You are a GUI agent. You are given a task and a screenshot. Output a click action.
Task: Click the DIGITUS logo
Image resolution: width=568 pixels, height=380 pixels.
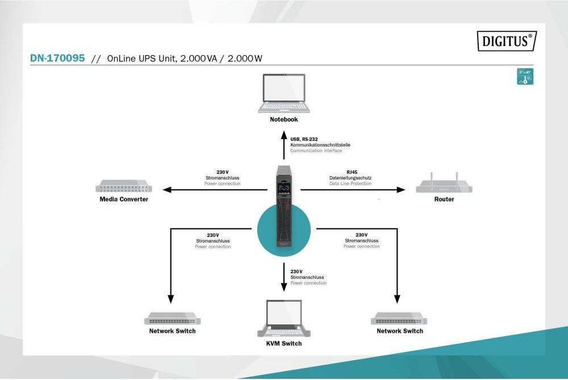click(x=507, y=41)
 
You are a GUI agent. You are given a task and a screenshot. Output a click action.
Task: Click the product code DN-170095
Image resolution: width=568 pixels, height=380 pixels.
click(x=57, y=58)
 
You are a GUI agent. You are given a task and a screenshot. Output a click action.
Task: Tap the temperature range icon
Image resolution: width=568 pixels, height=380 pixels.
click(x=525, y=77)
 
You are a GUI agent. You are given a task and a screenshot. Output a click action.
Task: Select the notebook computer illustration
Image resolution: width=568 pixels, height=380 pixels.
click(x=284, y=93)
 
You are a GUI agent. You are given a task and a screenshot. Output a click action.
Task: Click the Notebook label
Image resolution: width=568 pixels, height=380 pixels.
click(x=284, y=120)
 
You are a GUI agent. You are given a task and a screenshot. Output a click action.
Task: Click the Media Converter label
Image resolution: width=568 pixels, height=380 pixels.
click(x=124, y=199)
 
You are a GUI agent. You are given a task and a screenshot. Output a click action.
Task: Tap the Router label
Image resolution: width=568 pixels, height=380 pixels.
click(x=444, y=199)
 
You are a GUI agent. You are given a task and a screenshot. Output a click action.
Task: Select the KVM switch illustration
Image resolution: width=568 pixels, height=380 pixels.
click(x=284, y=318)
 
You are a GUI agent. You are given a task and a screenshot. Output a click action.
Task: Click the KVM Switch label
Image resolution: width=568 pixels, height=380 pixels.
click(x=284, y=344)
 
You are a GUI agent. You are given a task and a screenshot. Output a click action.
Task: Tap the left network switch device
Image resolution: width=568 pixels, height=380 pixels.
click(x=173, y=318)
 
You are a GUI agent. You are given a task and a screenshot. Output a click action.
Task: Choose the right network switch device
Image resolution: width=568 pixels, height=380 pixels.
click(x=399, y=318)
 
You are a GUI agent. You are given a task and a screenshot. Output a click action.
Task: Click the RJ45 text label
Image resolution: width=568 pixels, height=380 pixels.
click(x=352, y=172)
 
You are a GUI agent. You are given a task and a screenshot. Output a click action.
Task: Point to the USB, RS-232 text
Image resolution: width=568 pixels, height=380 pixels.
click(x=303, y=139)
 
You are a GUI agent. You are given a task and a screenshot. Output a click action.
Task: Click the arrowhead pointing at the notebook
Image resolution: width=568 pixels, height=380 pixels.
click(x=284, y=135)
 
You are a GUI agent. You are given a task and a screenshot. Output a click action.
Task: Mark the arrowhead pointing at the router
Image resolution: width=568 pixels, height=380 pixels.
click(x=402, y=190)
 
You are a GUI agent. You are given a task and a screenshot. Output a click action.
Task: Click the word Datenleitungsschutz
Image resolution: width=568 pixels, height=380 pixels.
click(x=350, y=178)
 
